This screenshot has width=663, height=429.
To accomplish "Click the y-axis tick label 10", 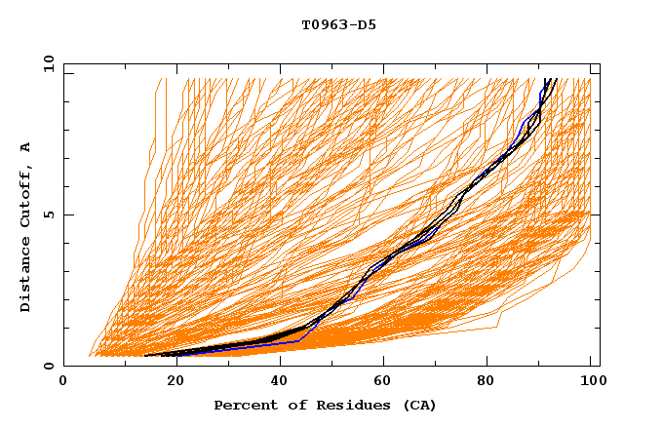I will [x=47, y=63].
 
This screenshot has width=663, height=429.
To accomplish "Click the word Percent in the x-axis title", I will [x=241, y=405].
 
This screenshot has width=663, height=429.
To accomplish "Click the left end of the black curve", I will [x=146, y=356].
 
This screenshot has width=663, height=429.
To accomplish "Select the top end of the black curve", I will [x=553, y=80].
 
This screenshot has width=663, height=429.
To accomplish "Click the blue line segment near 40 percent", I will [x=283, y=342].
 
